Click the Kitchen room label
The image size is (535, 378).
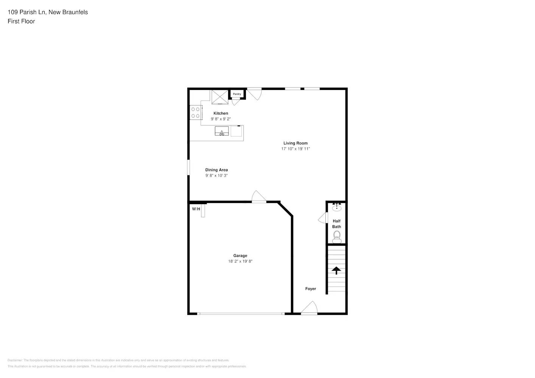tap(221, 113)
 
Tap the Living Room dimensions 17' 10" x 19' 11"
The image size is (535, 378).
tap(295, 149)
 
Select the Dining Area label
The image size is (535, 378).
tap(216, 170)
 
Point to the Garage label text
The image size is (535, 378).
tap(240, 256)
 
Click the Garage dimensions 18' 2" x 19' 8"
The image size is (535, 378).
tap(240, 262)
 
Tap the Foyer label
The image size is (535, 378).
tap(310, 289)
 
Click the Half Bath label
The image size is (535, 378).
tap(336, 224)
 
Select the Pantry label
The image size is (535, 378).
tap(237, 94)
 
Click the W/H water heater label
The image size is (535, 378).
tap(196, 209)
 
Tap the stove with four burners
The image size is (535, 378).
tap(195, 113)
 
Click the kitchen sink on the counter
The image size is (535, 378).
tap(222, 132)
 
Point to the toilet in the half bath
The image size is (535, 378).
tap(337, 237)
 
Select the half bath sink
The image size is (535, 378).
tap(336, 208)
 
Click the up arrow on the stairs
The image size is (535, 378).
tap(336, 270)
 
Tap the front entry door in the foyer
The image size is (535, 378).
tap(309, 308)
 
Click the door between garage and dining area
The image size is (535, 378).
tap(259, 197)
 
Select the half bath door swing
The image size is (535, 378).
tap(323, 218)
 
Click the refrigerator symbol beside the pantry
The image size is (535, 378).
tap(220, 97)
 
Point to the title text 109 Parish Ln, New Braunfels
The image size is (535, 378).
tap(48, 12)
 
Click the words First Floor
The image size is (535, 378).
tap(21, 22)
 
